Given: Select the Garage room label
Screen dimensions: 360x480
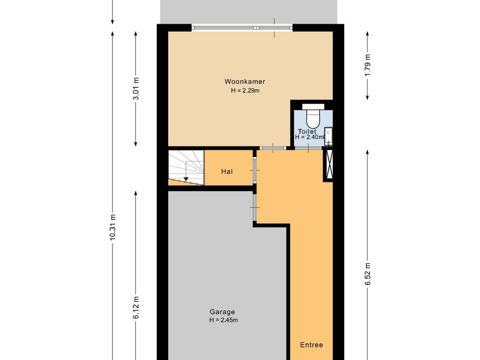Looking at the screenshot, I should click(222, 312).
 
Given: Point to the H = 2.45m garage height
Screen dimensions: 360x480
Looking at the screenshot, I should click(224, 320).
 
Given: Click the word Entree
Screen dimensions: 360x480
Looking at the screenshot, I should click(311, 345).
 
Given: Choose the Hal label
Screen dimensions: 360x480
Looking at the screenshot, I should click(227, 172).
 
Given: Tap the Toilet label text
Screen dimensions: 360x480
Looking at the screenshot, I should click(307, 132).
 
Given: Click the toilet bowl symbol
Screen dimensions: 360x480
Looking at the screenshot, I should click(313, 116).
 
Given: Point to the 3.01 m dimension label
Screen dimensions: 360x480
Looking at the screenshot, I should click(136, 89).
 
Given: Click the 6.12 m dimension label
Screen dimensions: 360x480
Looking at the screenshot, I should click(136, 307).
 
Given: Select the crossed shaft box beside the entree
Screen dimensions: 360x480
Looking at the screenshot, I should click(328, 165).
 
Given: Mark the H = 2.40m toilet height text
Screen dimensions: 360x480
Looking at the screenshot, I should click(309, 137).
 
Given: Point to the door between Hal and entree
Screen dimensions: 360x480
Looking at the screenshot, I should click(255, 170).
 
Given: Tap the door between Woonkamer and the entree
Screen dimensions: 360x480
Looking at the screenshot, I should click(273, 148).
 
